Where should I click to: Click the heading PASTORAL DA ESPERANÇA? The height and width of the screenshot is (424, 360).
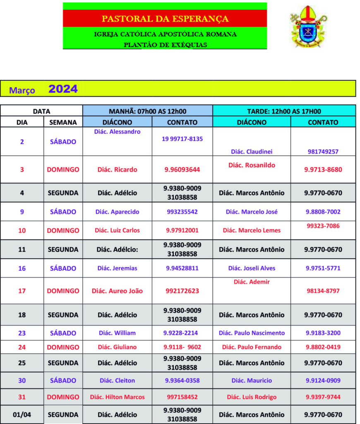(165, 19)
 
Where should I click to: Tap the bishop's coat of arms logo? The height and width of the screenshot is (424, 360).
(308, 26)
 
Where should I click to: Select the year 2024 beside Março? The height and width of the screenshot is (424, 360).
(63, 89)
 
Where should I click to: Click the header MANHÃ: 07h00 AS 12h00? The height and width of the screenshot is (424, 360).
(147, 111)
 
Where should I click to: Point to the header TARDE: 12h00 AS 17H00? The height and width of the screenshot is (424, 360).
(284, 111)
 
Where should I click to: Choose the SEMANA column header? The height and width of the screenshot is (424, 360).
(63, 122)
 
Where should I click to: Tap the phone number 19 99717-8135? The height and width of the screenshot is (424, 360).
(182, 139)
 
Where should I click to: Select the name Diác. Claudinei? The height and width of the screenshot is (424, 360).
(252, 152)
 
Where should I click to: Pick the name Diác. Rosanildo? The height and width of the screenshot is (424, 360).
(252, 165)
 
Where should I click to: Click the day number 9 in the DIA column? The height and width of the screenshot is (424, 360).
(22, 212)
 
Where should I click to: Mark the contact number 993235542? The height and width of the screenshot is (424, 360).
(182, 212)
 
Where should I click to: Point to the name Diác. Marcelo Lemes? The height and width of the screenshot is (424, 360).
(252, 230)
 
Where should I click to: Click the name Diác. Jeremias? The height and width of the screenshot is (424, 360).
(118, 268)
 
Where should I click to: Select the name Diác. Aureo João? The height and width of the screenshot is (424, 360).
(118, 291)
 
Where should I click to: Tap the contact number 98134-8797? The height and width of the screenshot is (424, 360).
(323, 291)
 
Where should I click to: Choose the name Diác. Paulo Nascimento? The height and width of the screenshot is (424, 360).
(252, 333)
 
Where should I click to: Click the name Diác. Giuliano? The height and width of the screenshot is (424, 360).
(118, 347)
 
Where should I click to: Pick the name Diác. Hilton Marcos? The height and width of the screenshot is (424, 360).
(118, 397)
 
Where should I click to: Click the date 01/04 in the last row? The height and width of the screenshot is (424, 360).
(22, 414)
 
